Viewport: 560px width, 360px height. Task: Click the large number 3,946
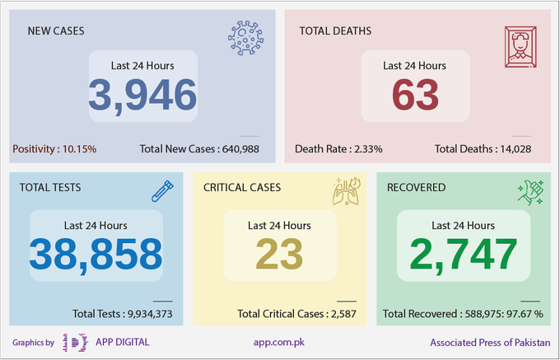[x=142, y=96]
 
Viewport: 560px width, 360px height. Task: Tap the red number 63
[x=415, y=95]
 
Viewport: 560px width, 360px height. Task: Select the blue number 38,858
[x=96, y=255]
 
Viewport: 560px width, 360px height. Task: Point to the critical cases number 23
[x=279, y=255]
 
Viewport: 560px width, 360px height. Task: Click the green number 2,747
[x=463, y=255]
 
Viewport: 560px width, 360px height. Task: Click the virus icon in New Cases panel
[x=245, y=38]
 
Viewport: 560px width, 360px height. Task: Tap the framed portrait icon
[x=520, y=47]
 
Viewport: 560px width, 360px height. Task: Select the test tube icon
[x=162, y=191]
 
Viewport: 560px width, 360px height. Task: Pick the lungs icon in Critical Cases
[x=347, y=191]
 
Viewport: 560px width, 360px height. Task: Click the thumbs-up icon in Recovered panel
[x=530, y=192]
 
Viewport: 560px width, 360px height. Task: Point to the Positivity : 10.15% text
[x=54, y=149]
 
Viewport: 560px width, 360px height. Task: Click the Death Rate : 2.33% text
[x=338, y=149]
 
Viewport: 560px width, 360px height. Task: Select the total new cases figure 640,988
[x=240, y=149]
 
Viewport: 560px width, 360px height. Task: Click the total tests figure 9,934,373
[x=150, y=314]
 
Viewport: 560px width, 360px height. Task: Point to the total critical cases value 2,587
[x=343, y=314]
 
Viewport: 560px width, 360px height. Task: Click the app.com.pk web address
[x=279, y=343]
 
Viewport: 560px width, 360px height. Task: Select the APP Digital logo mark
[x=75, y=343]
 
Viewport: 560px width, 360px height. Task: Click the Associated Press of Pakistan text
[x=490, y=343]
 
